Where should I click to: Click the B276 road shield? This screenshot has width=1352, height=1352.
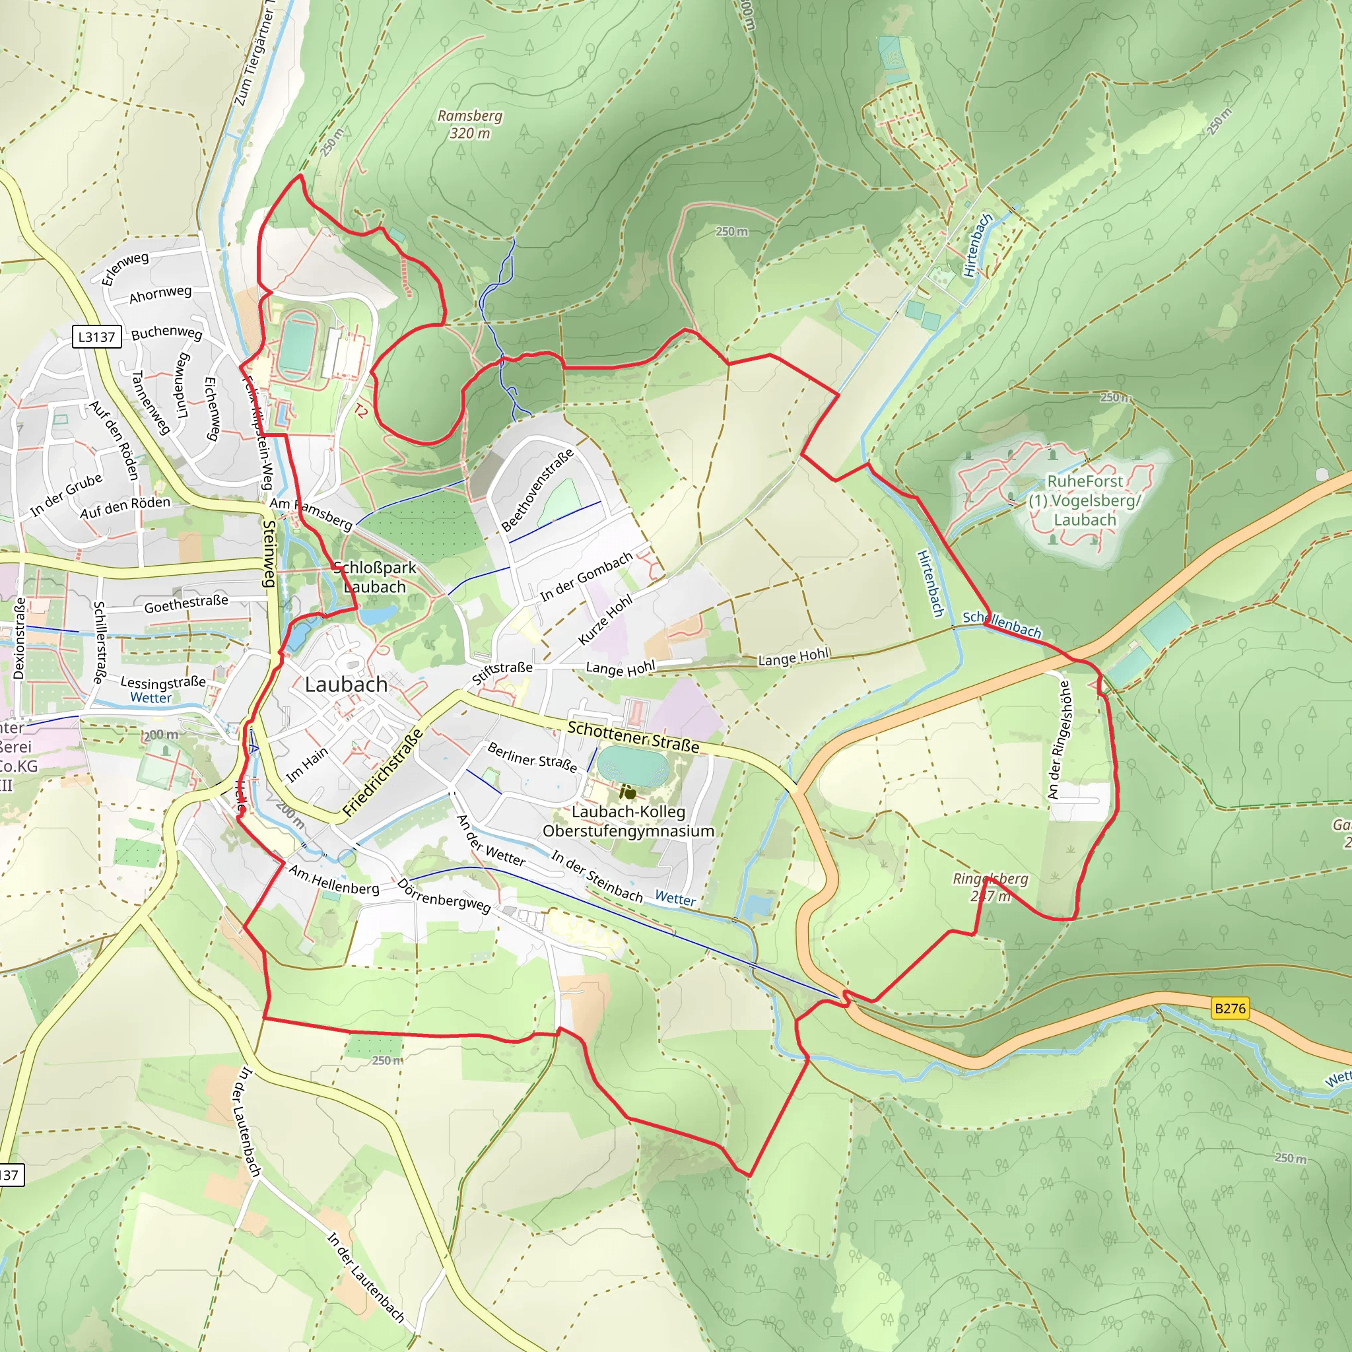pos(1229,1009)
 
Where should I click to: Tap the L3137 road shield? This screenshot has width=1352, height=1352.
pos(96,337)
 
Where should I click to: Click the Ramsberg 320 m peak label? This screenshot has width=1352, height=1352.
pos(469,124)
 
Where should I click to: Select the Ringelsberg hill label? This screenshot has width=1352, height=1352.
pos(990,887)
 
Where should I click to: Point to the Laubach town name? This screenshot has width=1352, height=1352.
pos(346,685)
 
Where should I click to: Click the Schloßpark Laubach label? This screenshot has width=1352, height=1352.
pos(374,578)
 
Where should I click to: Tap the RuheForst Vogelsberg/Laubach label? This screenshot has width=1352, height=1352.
pos(1084,500)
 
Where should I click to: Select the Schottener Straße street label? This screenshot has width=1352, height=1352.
pos(632,737)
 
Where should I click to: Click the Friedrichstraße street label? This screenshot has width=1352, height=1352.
pos(383,772)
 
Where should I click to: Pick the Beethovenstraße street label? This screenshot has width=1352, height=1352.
pos(537,490)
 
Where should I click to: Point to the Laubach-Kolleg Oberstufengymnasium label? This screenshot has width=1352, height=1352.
pos(628,821)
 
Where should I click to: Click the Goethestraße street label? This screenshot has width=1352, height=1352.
pos(186,603)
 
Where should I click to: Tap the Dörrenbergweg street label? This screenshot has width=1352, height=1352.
pos(444,895)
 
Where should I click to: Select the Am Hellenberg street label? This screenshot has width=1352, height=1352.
pos(334,879)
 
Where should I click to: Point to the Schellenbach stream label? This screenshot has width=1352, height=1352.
pos(1001,623)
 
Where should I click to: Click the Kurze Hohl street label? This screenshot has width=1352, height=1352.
pos(605,619)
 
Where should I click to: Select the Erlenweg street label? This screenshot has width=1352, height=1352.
pos(125,269)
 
